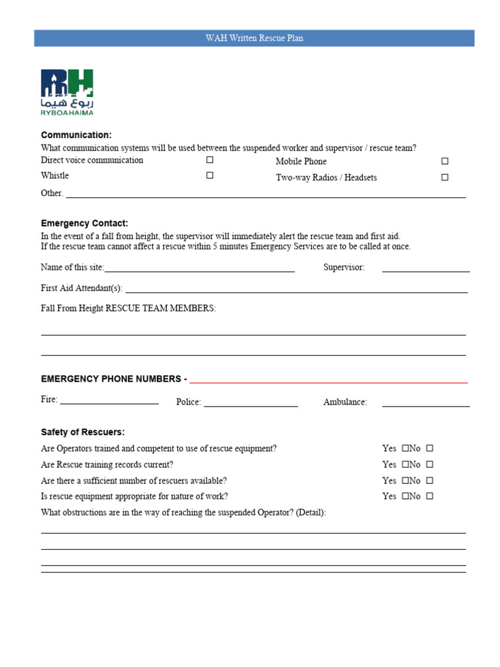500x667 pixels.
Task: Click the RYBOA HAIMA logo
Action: [67, 92]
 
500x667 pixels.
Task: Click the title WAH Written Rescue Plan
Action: [254, 38]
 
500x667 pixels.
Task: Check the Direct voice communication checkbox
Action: [210, 160]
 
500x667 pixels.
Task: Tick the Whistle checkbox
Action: [210, 175]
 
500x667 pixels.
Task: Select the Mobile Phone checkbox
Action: [445, 161]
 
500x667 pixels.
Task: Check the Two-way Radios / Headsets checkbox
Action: [445, 177]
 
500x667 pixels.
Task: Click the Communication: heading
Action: [76, 135]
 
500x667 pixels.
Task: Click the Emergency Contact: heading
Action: [85, 223]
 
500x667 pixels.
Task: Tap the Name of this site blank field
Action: [199, 268]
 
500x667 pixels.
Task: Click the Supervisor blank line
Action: [426, 268]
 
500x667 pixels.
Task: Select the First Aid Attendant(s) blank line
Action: [296, 289]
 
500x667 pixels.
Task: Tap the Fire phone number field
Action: [109, 401]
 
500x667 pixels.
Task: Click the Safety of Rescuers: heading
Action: [83, 432]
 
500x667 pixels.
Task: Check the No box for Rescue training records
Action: [430, 464]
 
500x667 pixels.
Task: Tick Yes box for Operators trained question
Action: [405, 448]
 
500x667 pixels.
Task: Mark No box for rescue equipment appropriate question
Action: [430, 496]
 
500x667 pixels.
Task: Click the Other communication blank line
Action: [266, 193]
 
